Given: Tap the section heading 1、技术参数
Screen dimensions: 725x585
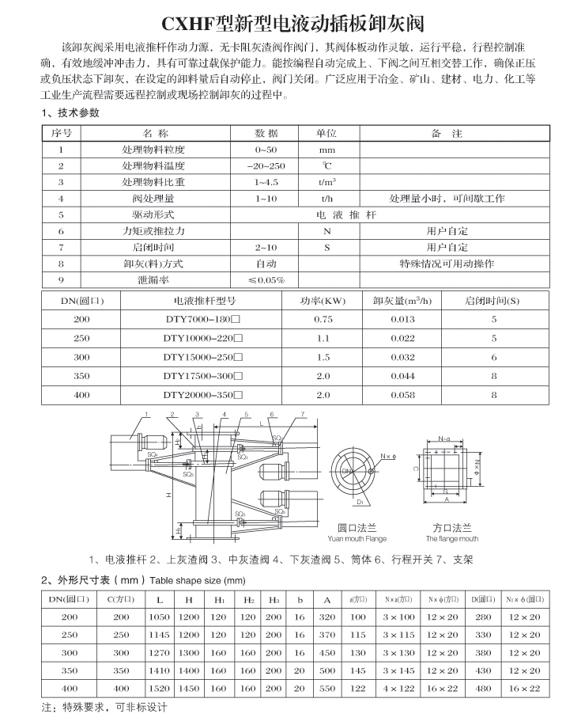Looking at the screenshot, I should tap(70, 112).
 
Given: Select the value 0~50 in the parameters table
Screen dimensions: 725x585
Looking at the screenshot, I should tap(266, 150).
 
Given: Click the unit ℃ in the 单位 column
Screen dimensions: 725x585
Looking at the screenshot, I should tap(327, 166).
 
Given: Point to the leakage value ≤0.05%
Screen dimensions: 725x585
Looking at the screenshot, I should tap(266, 280).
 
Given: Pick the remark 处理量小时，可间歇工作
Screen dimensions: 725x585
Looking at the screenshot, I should tap(447, 199).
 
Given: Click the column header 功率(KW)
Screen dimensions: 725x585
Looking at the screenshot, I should tap(323, 301).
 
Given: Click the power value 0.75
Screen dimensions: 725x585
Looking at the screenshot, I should tap(323, 319).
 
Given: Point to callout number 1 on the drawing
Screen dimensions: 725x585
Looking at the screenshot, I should tap(147, 414).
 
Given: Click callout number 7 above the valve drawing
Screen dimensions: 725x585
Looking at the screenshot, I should tap(302, 414).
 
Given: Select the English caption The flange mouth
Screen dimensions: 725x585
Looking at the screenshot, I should tap(452, 539).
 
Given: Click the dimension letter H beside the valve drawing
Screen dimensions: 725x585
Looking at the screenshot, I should tap(168, 494).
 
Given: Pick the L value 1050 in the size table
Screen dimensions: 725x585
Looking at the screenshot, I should tap(160, 617).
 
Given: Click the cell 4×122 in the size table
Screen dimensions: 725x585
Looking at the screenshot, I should tap(399, 689).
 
